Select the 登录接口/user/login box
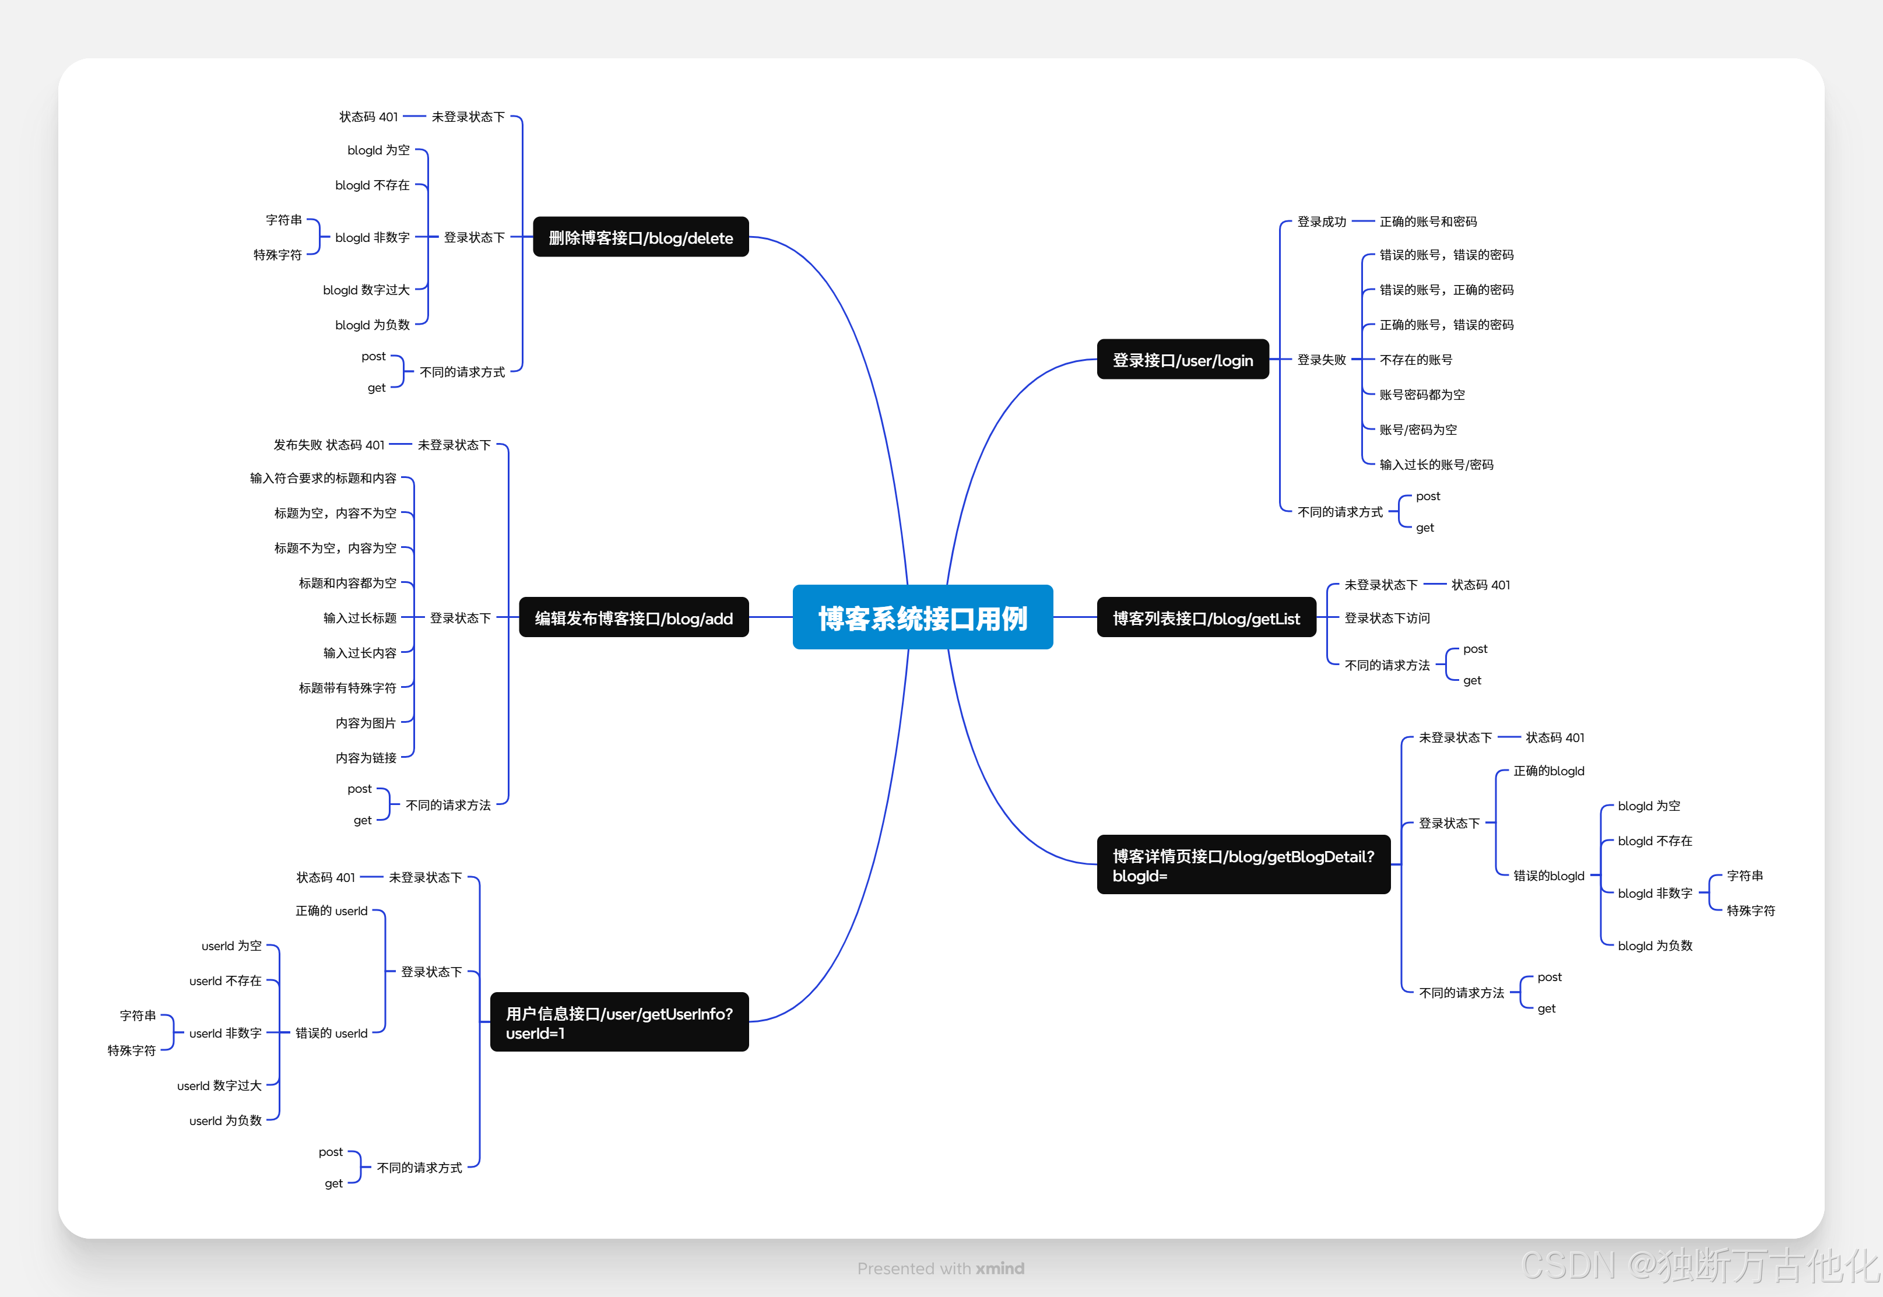click(x=1182, y=359)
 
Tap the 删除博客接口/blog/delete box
click(x=641, y=237)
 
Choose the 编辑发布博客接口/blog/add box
click(x=633, y=618)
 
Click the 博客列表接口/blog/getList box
click(x=1206, y=618)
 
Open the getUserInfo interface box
click(x=619, y=1022)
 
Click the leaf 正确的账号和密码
click(x=1428, y=221)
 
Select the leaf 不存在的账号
click(x=1415, y=359)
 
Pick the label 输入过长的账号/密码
click(x=1436, y=464)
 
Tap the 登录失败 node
click(x=1322, y=359)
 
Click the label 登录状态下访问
click(x=1386, y=618)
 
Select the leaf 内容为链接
click(x=366, y=757)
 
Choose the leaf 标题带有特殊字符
click(x=347, y=687)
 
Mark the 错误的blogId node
click(x=1548, y=875)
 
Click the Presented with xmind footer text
click(x=940, y=1268)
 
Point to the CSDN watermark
click(x=1699, y=1264)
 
